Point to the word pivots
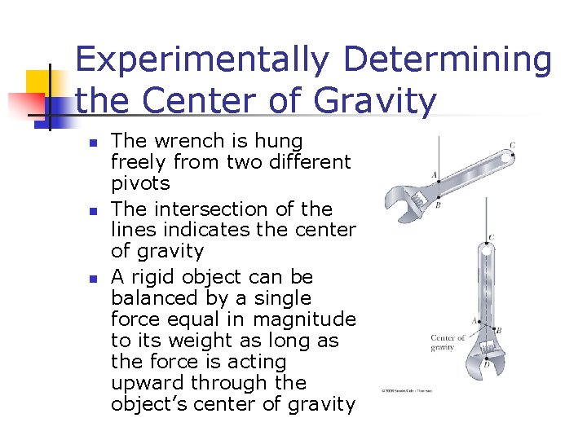(x=140, y=183)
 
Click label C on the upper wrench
(x=512, y=146)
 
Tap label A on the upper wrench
(x=434, y=175)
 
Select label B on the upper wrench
(x=438, y=205)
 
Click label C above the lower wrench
(x=490, y=238)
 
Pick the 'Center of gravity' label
(x=448, y=342)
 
